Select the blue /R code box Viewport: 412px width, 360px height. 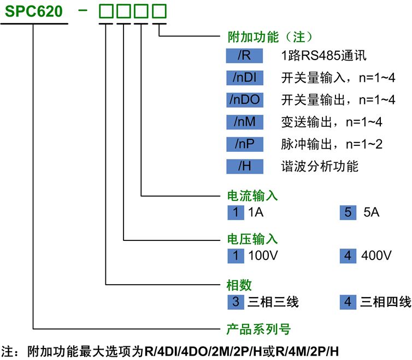tap(245, 55)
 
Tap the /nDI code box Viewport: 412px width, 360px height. tap(245, 78)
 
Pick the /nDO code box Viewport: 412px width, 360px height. tap(245, 99)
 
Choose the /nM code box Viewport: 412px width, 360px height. tap(245, 122)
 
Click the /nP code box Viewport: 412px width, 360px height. tap(245, 144)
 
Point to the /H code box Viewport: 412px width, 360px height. tap(245, 166)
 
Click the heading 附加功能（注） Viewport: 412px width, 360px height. tap(269, 37)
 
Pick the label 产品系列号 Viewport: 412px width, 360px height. tap(258, 329)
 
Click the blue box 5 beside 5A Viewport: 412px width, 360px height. tap(348, 212)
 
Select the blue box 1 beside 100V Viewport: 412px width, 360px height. tap(236, 256)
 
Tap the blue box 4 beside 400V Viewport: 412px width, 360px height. tap(348, 256)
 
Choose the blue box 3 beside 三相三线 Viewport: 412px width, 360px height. tap(236, 301)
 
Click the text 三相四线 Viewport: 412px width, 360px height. tap(385, 302)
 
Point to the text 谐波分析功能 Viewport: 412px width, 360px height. tap(320, 166)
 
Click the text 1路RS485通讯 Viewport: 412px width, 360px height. tap(323, 55)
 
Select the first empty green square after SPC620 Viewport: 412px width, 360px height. tap(107, 11)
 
